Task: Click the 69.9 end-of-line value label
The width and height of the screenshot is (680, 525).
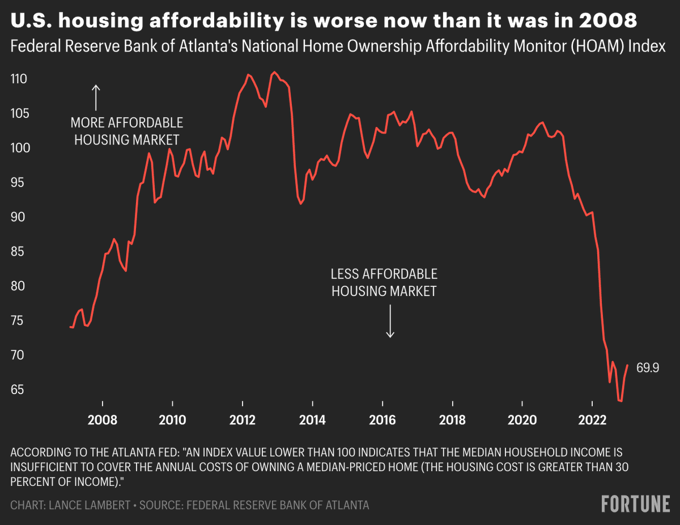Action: [647, 368]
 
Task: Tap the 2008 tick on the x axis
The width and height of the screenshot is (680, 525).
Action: [103, 420]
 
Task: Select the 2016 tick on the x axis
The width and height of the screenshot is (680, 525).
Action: [382, 420]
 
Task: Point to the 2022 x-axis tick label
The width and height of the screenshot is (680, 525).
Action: [592, 420]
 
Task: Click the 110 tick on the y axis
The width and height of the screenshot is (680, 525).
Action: [19, 79]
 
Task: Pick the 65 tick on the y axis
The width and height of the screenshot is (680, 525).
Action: [19, 390]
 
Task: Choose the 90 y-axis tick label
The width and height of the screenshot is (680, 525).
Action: [19, 217]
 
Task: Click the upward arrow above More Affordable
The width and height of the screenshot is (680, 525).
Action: [96, 98]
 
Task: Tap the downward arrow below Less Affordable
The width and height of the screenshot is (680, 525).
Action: [390, 321]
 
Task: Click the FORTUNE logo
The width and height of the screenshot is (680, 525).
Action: [635, 503]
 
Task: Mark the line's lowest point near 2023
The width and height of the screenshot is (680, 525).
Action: [621, 401]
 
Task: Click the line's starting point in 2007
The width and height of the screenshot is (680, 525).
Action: [70, 327]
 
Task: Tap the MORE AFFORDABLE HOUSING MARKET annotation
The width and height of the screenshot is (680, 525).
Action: [127, 131]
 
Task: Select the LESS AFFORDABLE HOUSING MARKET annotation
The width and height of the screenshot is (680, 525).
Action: [384, 282]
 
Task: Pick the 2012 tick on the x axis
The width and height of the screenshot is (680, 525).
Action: [243, 420]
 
